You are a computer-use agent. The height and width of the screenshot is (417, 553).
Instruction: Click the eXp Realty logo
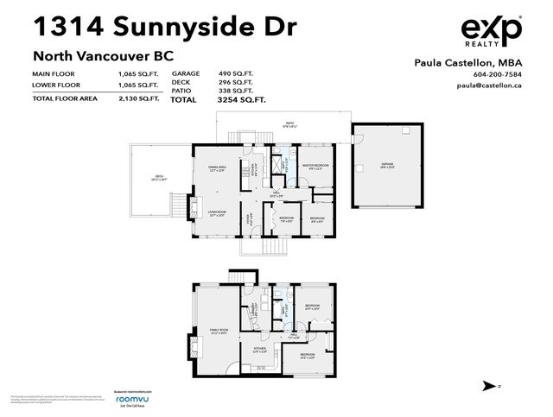click(491, 33)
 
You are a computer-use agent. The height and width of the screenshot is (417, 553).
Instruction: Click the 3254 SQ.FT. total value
click(240, 100)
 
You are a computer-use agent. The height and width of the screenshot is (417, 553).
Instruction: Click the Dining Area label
click(217, 168)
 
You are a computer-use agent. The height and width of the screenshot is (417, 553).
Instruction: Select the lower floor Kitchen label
click(258, 350)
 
